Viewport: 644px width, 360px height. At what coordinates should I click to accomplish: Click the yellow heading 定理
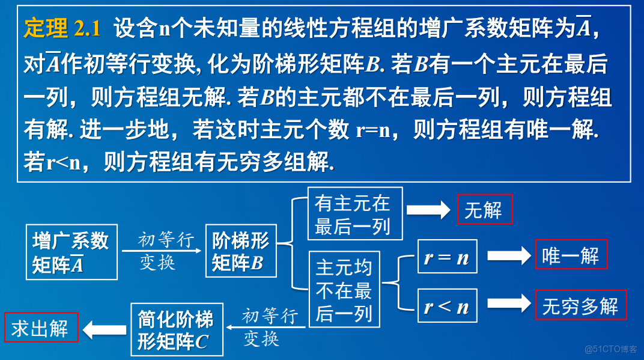coord(46,28)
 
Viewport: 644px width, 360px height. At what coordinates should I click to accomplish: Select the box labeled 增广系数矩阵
coord(71,252)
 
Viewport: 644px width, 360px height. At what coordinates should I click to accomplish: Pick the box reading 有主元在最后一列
coord(354,214)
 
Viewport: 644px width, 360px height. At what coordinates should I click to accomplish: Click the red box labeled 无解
coord(484,210)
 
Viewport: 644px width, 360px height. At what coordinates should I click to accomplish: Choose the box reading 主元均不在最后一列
coord(344,290)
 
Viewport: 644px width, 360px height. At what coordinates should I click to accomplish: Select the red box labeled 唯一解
coord(571,255)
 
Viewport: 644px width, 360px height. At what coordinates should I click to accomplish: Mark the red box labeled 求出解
coord(41,328)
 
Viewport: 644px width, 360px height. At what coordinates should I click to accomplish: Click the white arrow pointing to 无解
coord(428,210)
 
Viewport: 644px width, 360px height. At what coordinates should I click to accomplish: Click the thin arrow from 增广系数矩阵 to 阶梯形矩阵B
coord(161,251)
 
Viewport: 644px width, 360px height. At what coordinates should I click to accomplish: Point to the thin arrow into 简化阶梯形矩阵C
coord(267,327)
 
